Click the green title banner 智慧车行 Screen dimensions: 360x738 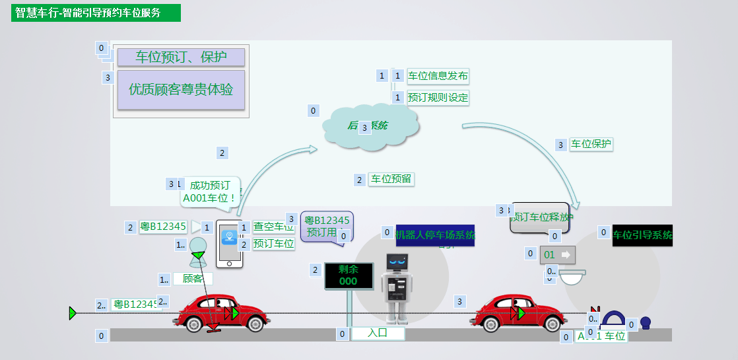[x=96, y=13]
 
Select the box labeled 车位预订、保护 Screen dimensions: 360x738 [x=181, y=57]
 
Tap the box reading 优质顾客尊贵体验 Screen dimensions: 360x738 [x=181, y=89]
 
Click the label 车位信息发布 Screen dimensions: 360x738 [x=438, y=76]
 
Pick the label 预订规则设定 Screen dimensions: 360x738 [x=438, y=98]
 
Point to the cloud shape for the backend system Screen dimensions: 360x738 [x=370, y=124]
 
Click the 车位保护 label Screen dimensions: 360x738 [x=591, y=144]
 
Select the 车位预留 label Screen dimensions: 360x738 [x=391, y=179]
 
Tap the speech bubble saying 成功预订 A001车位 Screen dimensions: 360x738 [x=210, y=192]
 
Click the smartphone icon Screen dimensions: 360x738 [x=230, y=244]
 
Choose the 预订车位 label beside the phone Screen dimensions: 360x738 [x=273, y=244]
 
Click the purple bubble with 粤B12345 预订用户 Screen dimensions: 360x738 [x=327, y=227]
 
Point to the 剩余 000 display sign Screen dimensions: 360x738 [x=349, y=276]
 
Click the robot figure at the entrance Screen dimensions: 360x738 [x=398, y=287]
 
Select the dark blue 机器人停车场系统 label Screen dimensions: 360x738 [x=435, y=235]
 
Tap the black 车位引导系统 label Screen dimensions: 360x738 [x=642, y=235]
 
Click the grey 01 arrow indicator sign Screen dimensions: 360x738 [x=558, y=254]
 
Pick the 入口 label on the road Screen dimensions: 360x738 [x=377, y=334]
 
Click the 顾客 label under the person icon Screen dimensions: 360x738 [x=193, y=279]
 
